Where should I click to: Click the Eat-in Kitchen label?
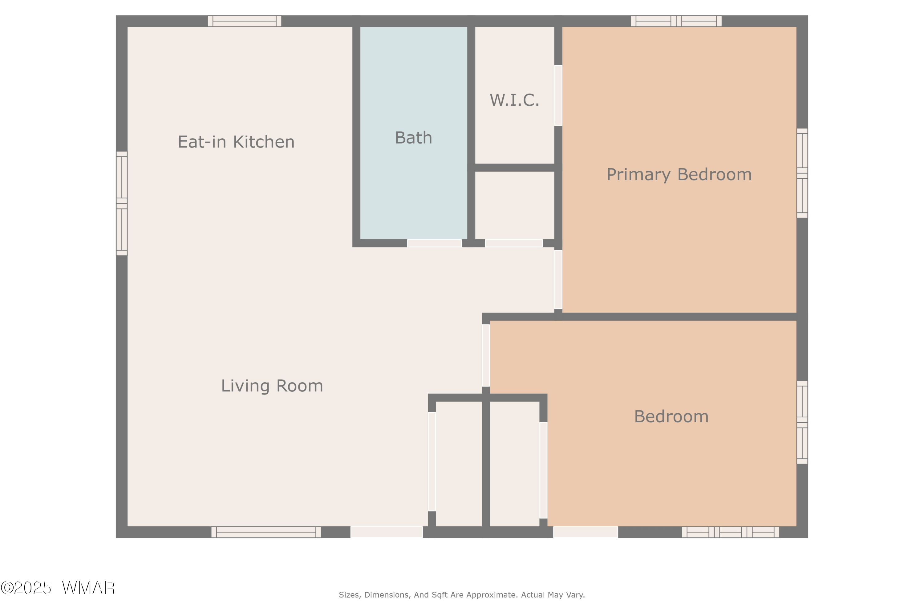(x=236, y=142)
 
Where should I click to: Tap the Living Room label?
(x=272, y=386)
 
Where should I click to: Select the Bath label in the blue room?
(x=413, y=138)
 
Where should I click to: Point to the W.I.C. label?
(x=514, y=100)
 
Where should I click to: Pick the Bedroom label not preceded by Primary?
(x=671, y=416)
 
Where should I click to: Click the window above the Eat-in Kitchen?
(x=244, y=21)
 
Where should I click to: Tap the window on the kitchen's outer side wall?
(x=122, y=204)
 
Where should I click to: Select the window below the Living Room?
(x=266, y=532)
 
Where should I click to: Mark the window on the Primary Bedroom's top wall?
(x=676, y=21)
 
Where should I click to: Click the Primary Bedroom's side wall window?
(x=802, y=173)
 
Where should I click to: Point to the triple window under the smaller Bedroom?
(x=730, y=532)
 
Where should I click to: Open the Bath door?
(x=434, y=243)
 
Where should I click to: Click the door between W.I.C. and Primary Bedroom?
(x=558, y=95)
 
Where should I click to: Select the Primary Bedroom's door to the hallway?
(x=558, y=280)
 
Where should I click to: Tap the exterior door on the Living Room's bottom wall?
(x=387, y=532)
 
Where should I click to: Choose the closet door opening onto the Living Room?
(x=432, y=462)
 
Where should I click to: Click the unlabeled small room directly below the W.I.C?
(x=515, y=205)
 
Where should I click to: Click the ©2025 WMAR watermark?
(x=58, y=588)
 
